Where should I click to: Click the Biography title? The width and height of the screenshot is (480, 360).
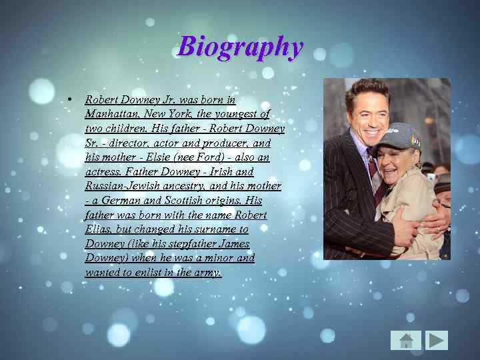pos(240,47)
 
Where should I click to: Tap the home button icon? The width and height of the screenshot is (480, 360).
pos(406,340)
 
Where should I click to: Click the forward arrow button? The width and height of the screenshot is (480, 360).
pos(437,340)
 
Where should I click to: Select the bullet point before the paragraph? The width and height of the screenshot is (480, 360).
pos(69,100)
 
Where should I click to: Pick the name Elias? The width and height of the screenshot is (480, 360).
pos(98,229)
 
